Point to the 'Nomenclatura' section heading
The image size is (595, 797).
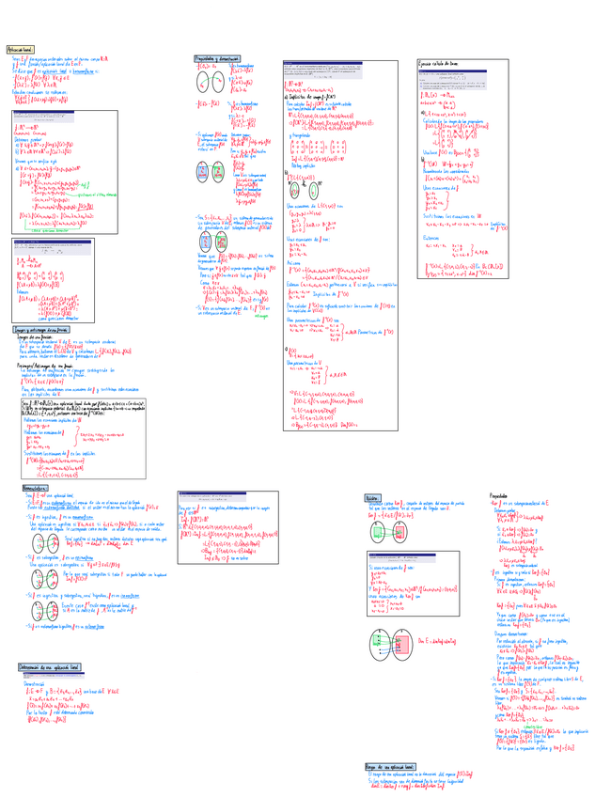[39, 489]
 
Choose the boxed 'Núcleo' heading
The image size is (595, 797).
[371, 497]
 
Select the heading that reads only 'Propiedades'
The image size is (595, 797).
[498, 495]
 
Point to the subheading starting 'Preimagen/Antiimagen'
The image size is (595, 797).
[43, 366]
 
